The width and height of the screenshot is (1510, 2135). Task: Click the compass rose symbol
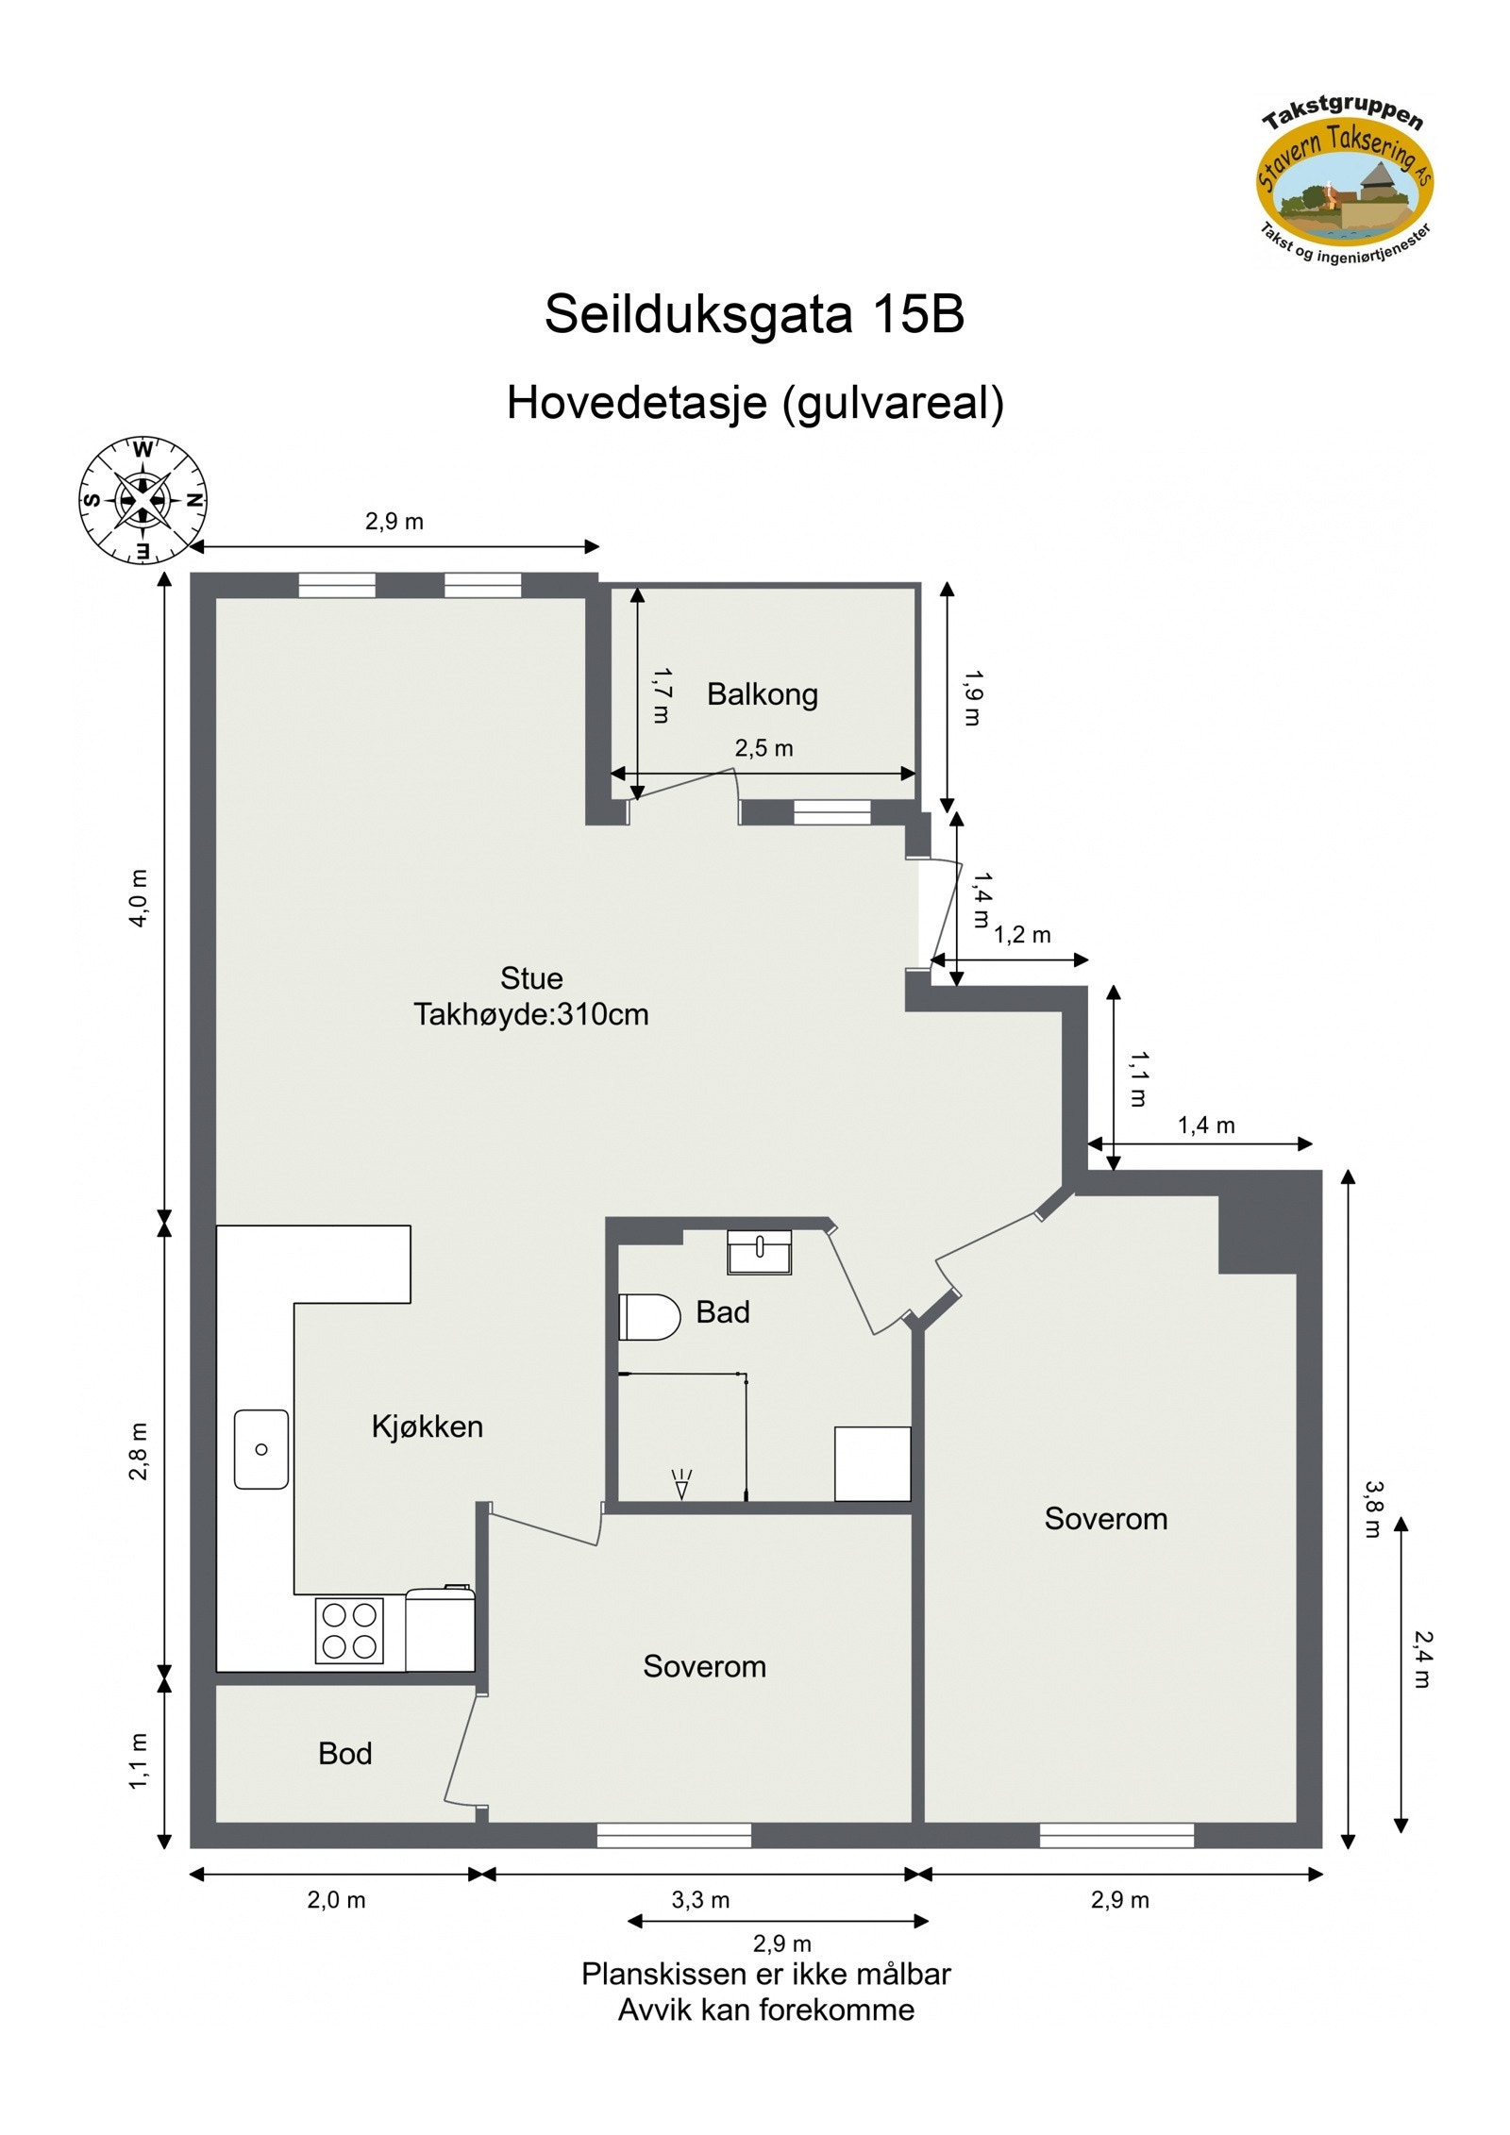tap(143, 500)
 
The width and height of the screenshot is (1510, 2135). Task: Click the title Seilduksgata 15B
tap(754, 314)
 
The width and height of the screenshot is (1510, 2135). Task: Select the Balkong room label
tap(762, 694)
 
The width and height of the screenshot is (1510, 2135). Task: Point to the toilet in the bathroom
tap(649, 1317)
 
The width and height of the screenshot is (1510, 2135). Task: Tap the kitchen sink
tap(261, 1449)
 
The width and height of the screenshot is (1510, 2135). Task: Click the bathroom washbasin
tap(759, 1252)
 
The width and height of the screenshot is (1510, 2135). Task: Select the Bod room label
tap(344, 1753)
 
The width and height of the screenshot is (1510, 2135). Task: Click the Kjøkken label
tap(427, 1426)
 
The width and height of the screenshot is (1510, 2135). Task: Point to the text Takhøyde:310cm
tap(530, 1015)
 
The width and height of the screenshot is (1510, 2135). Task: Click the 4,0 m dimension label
tap(139, 898)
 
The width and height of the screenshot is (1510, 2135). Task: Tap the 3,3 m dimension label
tap(700, 1900)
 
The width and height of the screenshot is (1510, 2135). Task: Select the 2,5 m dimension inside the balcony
tap(763, 749)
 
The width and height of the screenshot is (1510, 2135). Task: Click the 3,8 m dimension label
tap(1372, 1508)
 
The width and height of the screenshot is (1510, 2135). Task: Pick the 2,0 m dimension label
tap(336, 1900)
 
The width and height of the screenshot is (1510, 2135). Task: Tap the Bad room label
tap(722, 1312)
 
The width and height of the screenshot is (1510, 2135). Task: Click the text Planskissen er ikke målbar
tap(765, 1974)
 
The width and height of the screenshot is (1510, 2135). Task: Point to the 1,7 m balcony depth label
tap(662, 696)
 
